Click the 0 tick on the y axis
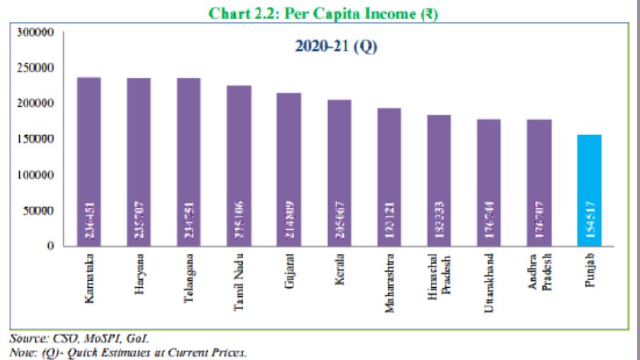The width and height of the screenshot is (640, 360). tap(50, 246)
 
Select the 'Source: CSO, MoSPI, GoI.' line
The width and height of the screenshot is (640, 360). tap(79, 339)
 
